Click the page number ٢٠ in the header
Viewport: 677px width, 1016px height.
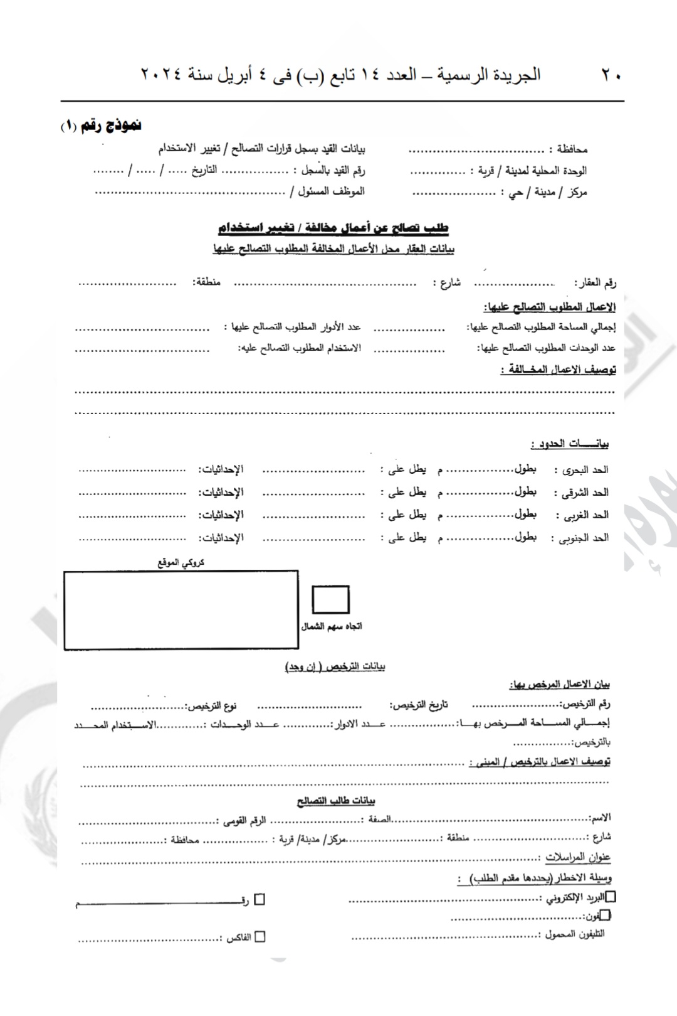click(x=611, y=75)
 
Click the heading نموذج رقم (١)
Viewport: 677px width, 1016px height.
click(x=101, y=126)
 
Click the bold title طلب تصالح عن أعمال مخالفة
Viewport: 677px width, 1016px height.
click(x=333, y=227)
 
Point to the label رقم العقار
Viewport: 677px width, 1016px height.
click(x=597, y=283)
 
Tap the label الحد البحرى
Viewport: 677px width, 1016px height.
click(x=585, y=469)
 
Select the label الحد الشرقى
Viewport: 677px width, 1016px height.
click(x=585, y=492)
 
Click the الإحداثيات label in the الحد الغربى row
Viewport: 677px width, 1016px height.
click(x=221, y=515)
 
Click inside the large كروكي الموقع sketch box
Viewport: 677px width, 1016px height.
click(x=181, y=609)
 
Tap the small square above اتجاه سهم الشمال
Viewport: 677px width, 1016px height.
click(x=330, y=599)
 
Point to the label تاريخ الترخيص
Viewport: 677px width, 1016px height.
click(x=419, y=705)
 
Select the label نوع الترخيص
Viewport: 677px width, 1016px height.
click(x=211, y=707)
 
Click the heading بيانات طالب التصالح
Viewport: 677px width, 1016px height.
click(x=336, y=801)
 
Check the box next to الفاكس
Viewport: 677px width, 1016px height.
click(x=260, y=937)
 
